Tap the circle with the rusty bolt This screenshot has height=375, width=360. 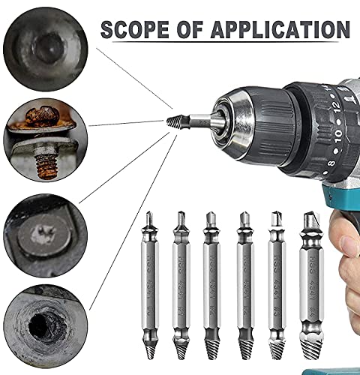[43, 137]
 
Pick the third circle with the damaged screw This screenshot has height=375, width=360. [43, 230]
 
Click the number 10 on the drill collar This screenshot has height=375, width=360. [322, 134]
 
